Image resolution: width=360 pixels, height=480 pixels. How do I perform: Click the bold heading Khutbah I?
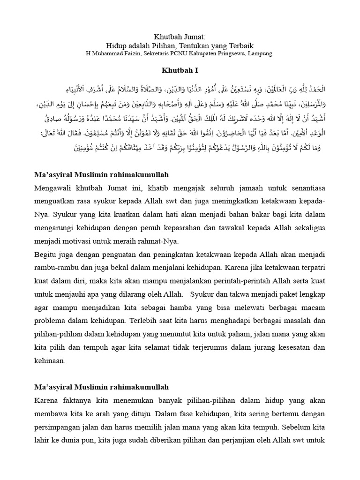pyautogui.click(x=180, y=71)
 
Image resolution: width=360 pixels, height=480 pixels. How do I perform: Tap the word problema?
pyautogui.click(x=51, y=322)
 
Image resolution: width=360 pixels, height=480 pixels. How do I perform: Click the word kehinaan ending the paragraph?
pyautogui.click(x=50, y=362)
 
